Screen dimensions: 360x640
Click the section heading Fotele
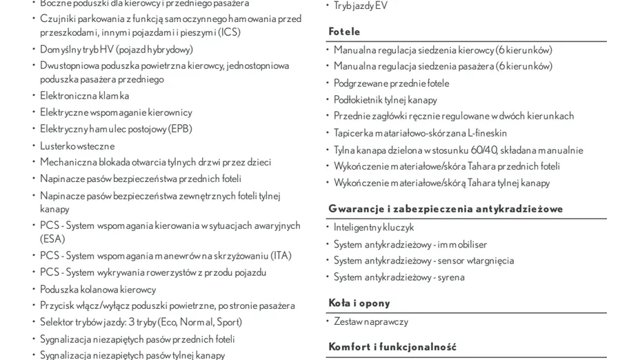tap(344, 32)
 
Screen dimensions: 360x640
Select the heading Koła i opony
tap(359, 303)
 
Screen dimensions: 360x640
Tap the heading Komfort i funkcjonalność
tap(392, 347)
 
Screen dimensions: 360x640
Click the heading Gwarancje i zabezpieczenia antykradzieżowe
tap(446, 209)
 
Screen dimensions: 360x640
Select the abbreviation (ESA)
tap(52, 239)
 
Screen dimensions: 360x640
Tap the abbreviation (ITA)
tap(280, 256)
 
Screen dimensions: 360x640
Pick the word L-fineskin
tap(488, 133)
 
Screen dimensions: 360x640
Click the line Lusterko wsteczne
tap(77, 146)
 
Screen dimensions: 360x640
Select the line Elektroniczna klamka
tap(84, 96)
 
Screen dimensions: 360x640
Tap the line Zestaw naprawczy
tap(371, 321)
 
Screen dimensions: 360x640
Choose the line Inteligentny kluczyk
tap(374, 227)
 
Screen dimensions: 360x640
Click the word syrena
tap(450, 277)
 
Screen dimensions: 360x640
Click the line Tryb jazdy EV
tap(361, 6)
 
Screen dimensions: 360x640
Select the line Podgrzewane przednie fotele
tap(391, 83)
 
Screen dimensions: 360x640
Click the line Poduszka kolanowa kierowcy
tap(98, 289)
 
